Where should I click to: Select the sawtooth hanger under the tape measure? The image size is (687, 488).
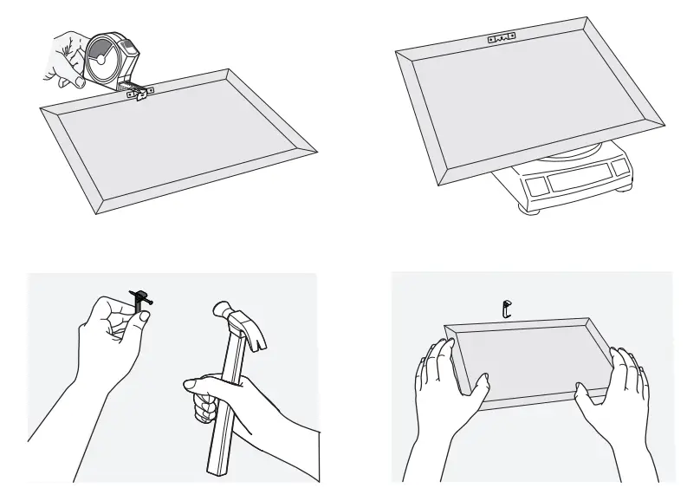(x=139, y=94)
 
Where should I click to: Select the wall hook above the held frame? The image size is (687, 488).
(x=509, y=307)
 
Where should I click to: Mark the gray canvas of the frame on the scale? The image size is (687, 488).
(x=528, y=95)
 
